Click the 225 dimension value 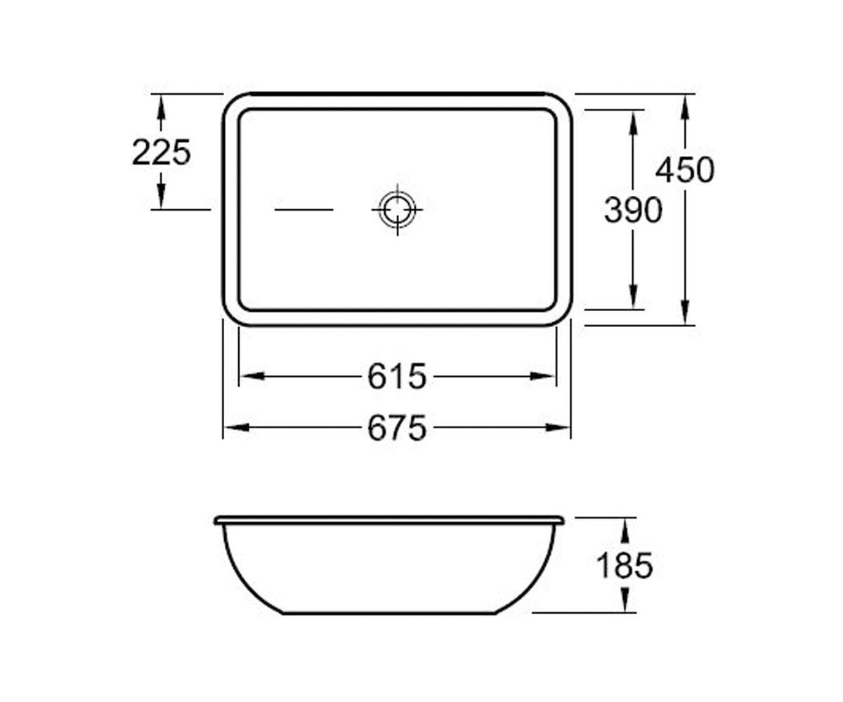(x=161, y=152)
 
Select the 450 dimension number (x=685, y=170)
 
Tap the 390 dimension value (x=633, y=210)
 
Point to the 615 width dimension (x=397, y=376)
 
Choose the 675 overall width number (x=397, y=428)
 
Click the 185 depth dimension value (x=625, y=566)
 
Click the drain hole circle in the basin (x=398, y=210)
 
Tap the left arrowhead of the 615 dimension (x=253, y=376)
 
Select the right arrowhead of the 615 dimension (x=542, y=376)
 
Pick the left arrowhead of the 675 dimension (x=237, y=428)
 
